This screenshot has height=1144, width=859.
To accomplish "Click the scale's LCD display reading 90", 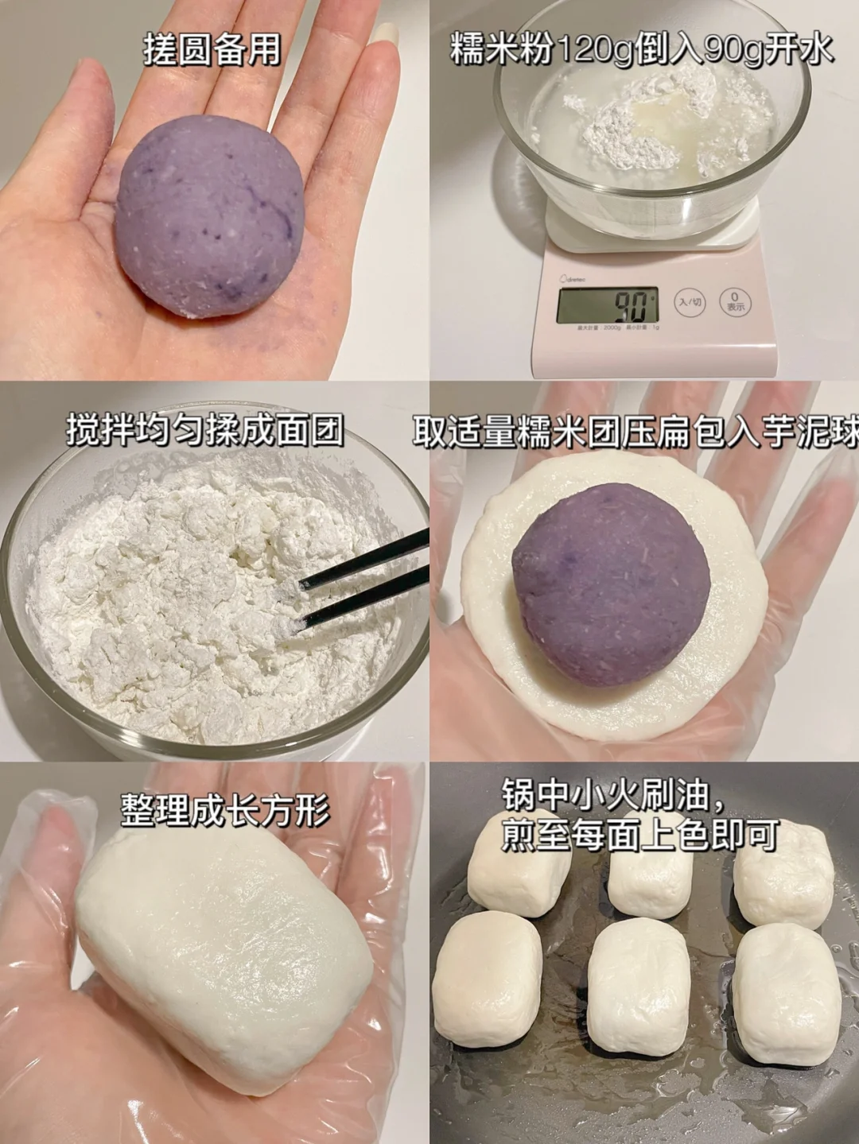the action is (x=607, y=305).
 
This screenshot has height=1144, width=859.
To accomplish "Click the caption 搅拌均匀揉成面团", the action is (x=205, y=430).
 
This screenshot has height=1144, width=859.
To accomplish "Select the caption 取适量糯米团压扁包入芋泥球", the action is (x=636, y=431).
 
